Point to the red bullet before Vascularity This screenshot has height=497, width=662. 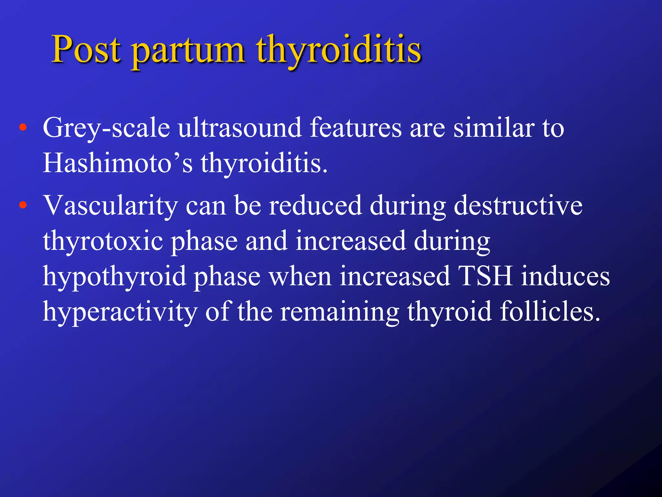click(x=23, y=205)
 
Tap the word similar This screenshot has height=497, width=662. click(x=494, y=128)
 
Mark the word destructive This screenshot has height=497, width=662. click(x=518, y=205)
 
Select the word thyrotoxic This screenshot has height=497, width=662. click(x=103, y=241)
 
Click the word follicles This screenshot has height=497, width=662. click(x=550, y=311)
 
